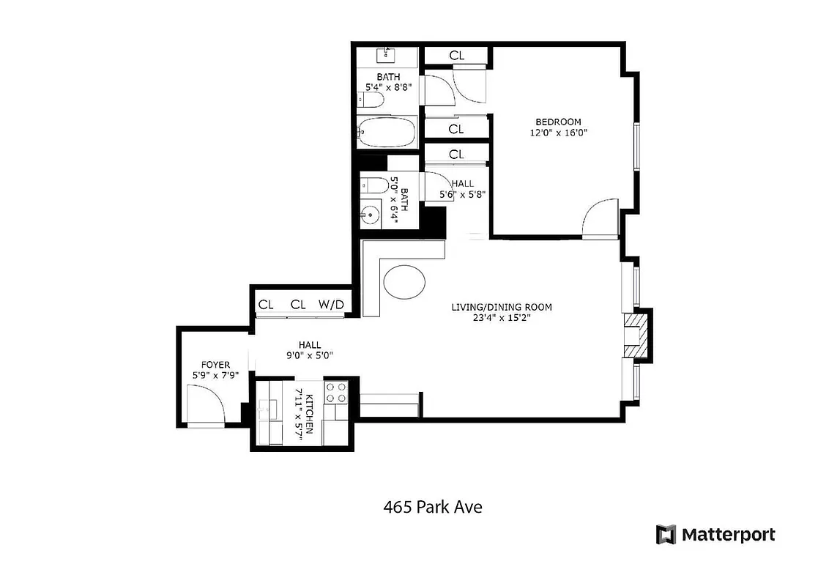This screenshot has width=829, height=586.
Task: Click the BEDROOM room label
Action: point(558,122)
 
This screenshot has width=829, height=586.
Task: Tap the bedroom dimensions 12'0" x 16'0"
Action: point(558,133)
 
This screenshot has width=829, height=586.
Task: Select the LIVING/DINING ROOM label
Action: point(501,307)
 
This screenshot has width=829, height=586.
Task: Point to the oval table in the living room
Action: point(404,282)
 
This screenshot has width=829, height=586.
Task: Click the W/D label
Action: point(330,305)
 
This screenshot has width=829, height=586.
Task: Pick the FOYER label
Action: point(215,364)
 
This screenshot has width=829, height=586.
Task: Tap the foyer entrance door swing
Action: point(204,404)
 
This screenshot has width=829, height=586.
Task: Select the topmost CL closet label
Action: point(456,55)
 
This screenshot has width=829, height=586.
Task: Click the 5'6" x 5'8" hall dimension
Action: point(462,195)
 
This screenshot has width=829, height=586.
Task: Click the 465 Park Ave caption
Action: point(433,507)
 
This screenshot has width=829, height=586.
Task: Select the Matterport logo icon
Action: point(665,534)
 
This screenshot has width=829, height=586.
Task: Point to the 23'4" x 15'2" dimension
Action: point(501,319)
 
